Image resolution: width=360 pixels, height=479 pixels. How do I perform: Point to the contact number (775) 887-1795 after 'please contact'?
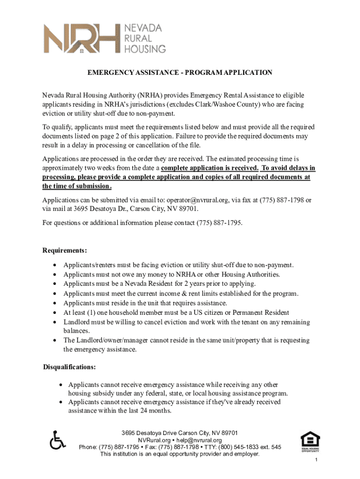(x=219, y=223)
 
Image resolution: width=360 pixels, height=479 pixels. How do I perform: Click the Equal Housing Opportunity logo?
(x=310, y=441)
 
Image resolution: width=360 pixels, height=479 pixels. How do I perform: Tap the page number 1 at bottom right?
(x=317, y=461)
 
